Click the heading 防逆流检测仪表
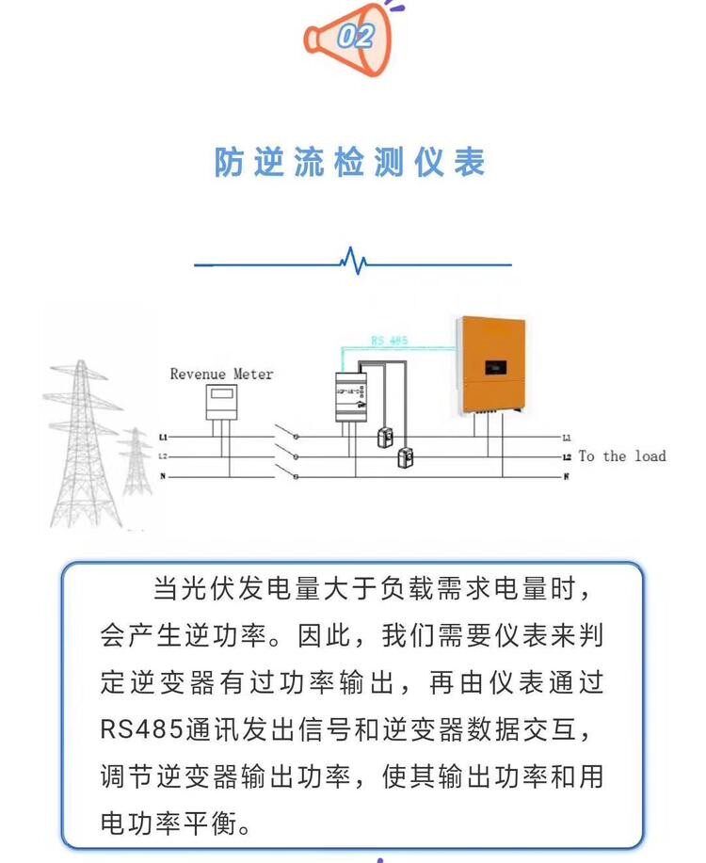(x=350, y=162)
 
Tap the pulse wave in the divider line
(x=353, y=261)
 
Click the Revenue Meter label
(x=221, y=375)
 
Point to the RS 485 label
(x=388, y=341)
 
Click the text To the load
(x=621, y=456)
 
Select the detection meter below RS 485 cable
(x=350, y=398)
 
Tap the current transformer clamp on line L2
(x=407, y=457)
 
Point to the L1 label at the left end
(x=163, y=438)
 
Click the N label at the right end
(x=566, y=477)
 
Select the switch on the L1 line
(x=284, y=434)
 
